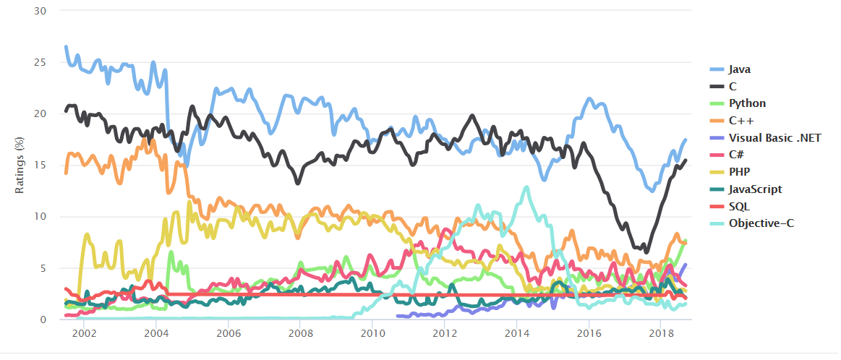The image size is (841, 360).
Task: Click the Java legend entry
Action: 739,69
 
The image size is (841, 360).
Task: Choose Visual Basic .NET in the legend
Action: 774,138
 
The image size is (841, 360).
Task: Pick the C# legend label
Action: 736,155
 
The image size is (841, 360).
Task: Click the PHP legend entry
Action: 739,172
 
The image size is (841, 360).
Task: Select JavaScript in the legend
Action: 755,189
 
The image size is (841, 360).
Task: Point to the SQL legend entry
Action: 739,207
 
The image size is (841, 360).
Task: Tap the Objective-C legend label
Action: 761,223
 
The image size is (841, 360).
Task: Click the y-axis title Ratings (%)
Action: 22,165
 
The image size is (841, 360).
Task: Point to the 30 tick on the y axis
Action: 40,11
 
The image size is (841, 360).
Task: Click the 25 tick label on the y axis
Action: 40,62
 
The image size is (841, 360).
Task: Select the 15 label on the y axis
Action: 40,166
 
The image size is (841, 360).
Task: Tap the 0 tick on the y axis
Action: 43,320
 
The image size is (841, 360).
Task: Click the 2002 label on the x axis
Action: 84,334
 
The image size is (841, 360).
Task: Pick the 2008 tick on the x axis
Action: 300,334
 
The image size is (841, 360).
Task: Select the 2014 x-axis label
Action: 516,334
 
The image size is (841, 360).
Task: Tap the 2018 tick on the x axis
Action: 660,334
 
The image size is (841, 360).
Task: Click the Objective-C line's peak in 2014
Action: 526,187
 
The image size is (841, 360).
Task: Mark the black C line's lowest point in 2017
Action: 646,252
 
